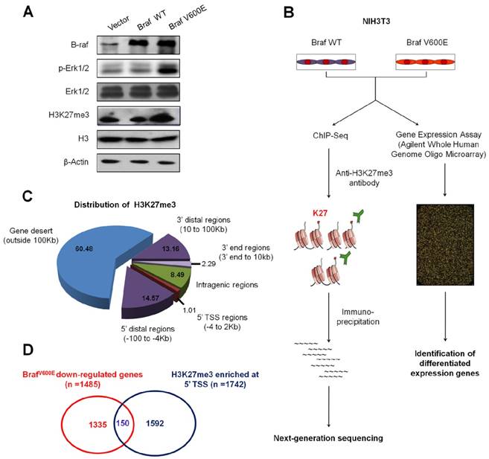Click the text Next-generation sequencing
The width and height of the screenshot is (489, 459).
click(x=328, y=439)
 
